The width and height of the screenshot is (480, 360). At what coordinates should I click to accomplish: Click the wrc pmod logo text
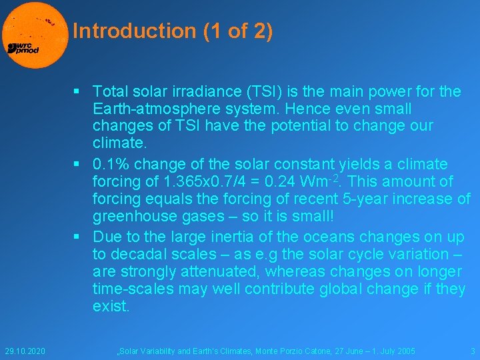(x=23, y=48)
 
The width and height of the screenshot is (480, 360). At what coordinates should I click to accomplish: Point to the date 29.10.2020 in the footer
(x=25, y=351)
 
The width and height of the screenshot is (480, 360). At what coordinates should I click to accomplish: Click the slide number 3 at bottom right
(x=472, y=351)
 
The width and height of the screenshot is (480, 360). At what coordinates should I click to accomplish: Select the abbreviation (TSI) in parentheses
(x=275, y=91)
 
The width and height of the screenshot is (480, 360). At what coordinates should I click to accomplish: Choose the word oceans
(x=330, y=237)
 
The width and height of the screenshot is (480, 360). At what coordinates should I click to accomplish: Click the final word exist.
(x=112, y=306)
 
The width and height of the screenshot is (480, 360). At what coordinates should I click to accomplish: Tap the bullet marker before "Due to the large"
(x=77, y=237)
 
